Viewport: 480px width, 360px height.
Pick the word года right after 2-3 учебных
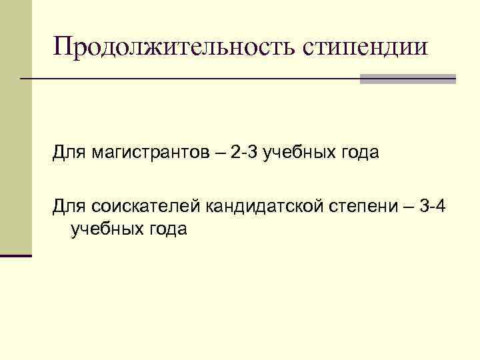tap(360, 154)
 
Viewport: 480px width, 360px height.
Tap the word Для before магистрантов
tap(68, 154)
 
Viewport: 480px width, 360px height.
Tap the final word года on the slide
tap(167, 229)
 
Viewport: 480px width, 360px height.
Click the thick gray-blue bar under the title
tap(407, 79)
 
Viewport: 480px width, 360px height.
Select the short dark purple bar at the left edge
tap(16, 255)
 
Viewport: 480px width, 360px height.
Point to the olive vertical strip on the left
tap(15, 127)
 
